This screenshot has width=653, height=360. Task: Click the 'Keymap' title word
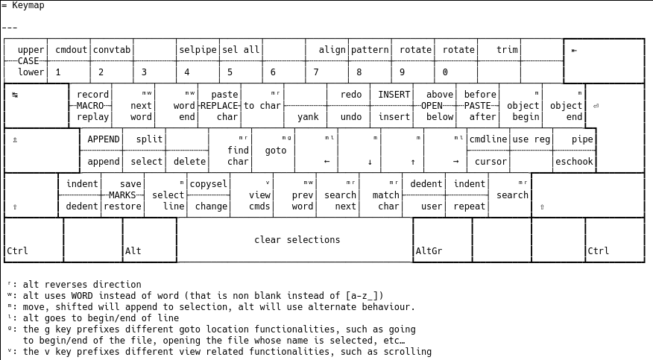click(x=28, y=5)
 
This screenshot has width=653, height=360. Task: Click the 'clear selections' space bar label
click(x=297, y=240)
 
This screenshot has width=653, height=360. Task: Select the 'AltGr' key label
click(x=429, y=251)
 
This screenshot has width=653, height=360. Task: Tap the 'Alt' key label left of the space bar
click(x=133, y=251)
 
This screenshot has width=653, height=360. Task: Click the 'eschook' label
click(x=574, y=162)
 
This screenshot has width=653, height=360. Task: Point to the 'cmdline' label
click(x=488, y=139)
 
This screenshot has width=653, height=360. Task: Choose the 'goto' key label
click(x=275, y=151)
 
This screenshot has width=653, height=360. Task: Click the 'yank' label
click(x=308, y=117)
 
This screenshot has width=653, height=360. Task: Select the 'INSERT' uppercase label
click(x=394, y=95)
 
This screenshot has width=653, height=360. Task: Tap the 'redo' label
click(x=351, y=95)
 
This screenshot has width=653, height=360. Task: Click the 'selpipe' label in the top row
click(x=198, y=50)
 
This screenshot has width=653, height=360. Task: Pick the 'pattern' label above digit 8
click(x=370, y=50)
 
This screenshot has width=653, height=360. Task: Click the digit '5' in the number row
click(x=230, y=72)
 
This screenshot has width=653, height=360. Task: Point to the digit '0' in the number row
click(x=445, y=72)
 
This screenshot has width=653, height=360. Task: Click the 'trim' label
click(x=507, y=50)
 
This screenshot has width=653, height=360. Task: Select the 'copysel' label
click(x=208, y=184)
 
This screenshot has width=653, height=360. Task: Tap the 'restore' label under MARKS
click(x=122, y=206)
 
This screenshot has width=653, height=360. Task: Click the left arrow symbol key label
click(x=326, y=162)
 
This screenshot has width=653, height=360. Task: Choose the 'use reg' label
click(x=531, y=139)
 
